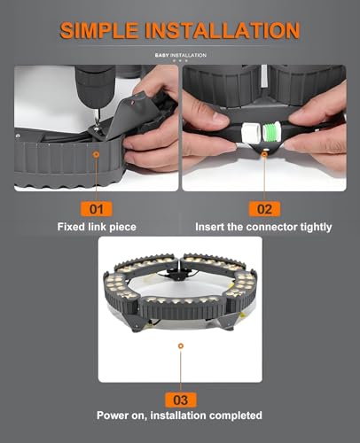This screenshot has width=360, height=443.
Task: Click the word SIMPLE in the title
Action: coord(99,30)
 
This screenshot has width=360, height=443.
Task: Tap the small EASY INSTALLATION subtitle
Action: coord(181,55)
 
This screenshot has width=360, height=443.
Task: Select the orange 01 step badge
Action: coord(97,209)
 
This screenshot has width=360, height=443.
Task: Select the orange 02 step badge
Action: coord(264,209)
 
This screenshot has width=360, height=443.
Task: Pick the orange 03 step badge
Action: coord(181,400)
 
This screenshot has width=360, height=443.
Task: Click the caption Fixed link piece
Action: coord(97,227)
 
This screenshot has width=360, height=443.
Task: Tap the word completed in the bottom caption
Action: coord(236,416)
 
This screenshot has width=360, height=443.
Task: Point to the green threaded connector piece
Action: coord(271,131)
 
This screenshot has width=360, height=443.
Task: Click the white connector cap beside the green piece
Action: coord(250,133)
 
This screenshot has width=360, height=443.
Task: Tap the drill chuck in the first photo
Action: coord(95,87)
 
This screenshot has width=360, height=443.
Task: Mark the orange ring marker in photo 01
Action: coord(96,154)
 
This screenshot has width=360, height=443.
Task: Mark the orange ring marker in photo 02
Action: coord(264,154)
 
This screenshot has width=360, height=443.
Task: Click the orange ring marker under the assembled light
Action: coord(181,346)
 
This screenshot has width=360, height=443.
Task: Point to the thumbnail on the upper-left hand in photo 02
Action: coord(219,119)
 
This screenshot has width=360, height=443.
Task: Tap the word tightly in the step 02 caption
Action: coord(316,227)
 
